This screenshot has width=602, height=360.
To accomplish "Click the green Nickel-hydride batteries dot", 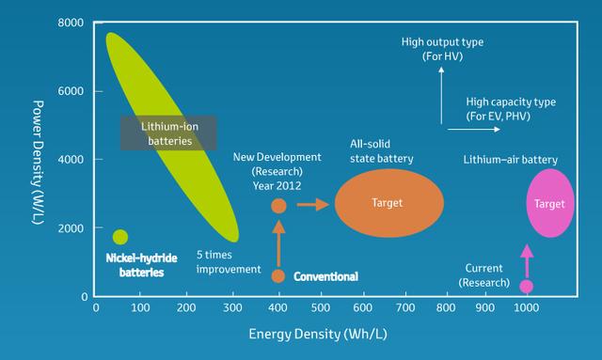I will pos(120,237).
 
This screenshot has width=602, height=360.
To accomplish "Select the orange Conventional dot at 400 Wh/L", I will pos(278,275).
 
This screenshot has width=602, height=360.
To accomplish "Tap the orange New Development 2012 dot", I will pos(278,205).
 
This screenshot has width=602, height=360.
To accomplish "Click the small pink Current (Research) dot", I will pos(527,286).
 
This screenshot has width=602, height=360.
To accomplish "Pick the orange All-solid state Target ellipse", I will pos(388,203).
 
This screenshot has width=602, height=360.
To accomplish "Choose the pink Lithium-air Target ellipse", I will pos(549,203).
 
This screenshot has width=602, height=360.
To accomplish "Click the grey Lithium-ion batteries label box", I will pos(168,133).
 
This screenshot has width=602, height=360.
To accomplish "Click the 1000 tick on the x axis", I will pos(526,308).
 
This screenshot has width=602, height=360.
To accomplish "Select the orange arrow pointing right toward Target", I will pos(309,204).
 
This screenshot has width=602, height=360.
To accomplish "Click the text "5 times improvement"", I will pos(229,261).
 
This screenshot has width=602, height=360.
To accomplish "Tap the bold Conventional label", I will pos(325,276).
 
